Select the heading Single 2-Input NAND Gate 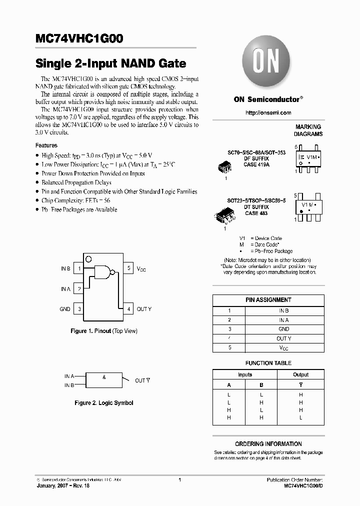[x=110, y=63]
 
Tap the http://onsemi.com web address [x=268, y=113]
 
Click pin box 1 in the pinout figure [x=79, y=268]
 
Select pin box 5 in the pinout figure [x=128, y=268]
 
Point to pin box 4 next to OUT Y [x=128, y=309]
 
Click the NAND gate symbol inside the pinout [x=103, y=272]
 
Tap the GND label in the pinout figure [x=65, y=309]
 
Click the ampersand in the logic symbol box [x=104, y=377]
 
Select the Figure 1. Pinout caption [x=103, y=331]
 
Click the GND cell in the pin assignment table [x=283, y=329]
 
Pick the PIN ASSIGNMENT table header [x=268, y=300]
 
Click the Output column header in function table [x=300, y=374]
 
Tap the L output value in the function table [x=300, y=417]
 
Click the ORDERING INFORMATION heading [x=268, y=444]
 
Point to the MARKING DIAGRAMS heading [x=308, y=130]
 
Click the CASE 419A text [x=257, y=164]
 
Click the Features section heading [x=46, y=145]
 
